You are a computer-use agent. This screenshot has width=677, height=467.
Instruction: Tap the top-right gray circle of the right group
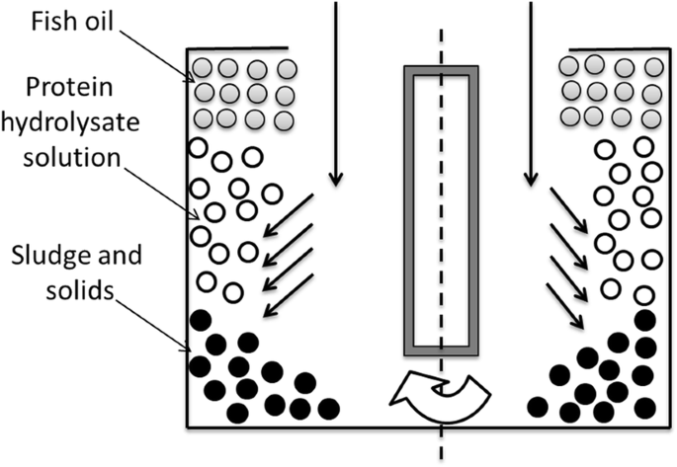(653, 67)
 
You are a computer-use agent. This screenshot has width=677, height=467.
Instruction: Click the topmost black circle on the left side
(202, 319)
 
